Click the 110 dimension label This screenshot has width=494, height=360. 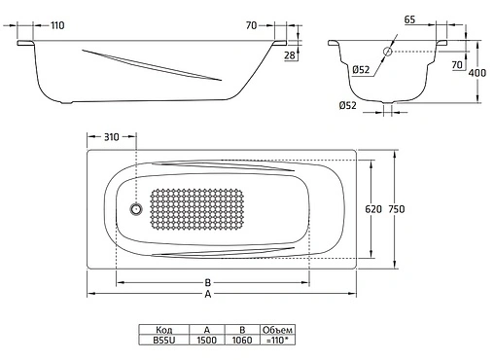click(57, 25)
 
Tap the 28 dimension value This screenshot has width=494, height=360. click(290, 55)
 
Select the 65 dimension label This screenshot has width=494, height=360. click(409, 19)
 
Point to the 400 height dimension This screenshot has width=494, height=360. click(477, 73)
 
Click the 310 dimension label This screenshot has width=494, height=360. click(111, 137)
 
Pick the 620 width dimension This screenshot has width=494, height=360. click(373, 209)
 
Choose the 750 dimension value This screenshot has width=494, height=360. click(397, 209)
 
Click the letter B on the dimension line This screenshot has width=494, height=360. click(208, 282)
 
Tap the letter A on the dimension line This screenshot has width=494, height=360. click(208, 294)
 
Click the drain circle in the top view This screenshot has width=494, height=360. click(136, 209)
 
